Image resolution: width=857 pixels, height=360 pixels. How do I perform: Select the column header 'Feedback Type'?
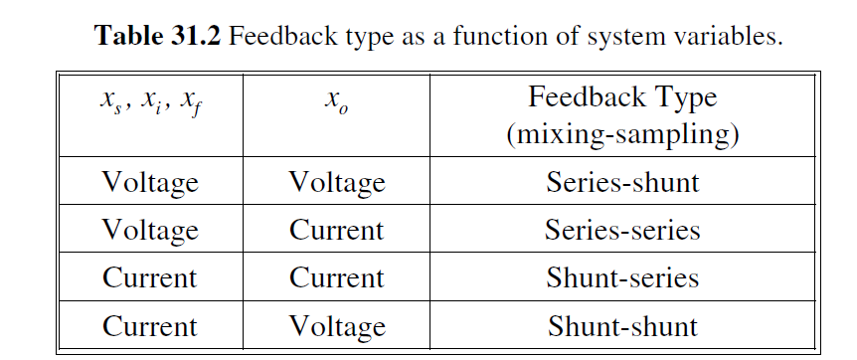click(622, 97)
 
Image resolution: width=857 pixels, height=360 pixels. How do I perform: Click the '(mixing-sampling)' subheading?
click(622, 132)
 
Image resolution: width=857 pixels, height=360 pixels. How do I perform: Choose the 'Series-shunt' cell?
click(622, 183)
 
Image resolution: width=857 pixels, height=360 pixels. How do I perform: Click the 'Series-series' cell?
click(622, 231)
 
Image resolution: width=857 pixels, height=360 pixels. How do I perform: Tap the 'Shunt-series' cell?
click(622, 278)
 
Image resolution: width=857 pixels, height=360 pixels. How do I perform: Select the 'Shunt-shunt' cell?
click(622, 326)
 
